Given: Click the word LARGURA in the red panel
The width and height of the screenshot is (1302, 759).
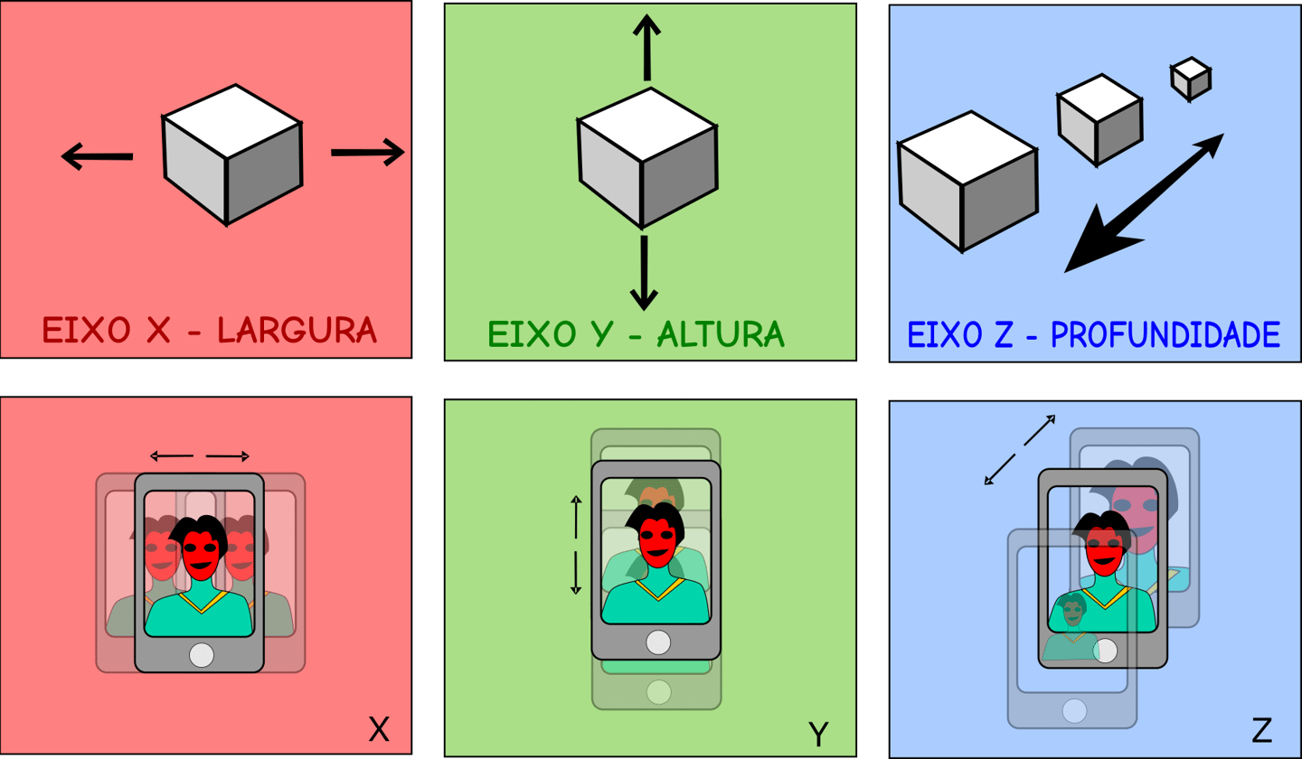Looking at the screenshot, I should [x=297, y=331].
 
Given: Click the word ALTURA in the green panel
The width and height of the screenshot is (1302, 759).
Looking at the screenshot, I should [x=720, y=334].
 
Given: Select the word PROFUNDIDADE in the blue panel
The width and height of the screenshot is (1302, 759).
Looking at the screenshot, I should [x=1165, y=335].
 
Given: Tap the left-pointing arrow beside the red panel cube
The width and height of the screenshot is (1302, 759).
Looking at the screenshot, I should [x=97, y=157].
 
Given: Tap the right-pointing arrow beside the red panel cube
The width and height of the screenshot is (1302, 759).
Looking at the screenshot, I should [x=366, y=153].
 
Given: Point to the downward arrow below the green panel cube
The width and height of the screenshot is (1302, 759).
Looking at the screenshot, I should [x=644, y=271].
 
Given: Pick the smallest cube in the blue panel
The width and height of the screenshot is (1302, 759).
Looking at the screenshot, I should [x=1191, y=79].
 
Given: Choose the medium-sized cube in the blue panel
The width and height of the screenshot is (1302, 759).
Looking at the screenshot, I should [x=1099, y=119].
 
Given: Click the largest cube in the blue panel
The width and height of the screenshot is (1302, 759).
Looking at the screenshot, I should [x=967, y=181].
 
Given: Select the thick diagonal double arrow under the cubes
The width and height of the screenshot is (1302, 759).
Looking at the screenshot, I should [x=1144, y=203].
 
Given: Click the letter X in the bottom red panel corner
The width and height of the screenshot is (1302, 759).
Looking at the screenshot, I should [x=379, y=729].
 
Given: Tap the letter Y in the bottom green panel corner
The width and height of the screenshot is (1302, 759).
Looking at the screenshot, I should [x=818, y=735].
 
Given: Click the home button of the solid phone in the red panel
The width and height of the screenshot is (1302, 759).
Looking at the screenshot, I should [x=201, y=654].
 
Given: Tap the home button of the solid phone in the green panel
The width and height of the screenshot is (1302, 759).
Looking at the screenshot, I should [x=658, y=642].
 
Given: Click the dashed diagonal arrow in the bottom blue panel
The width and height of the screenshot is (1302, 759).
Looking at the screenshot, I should [x=1020, y=449].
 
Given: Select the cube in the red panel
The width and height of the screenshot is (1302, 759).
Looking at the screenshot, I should [x=232, y=155].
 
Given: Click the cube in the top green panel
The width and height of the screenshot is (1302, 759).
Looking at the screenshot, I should [x=647, y=158].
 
